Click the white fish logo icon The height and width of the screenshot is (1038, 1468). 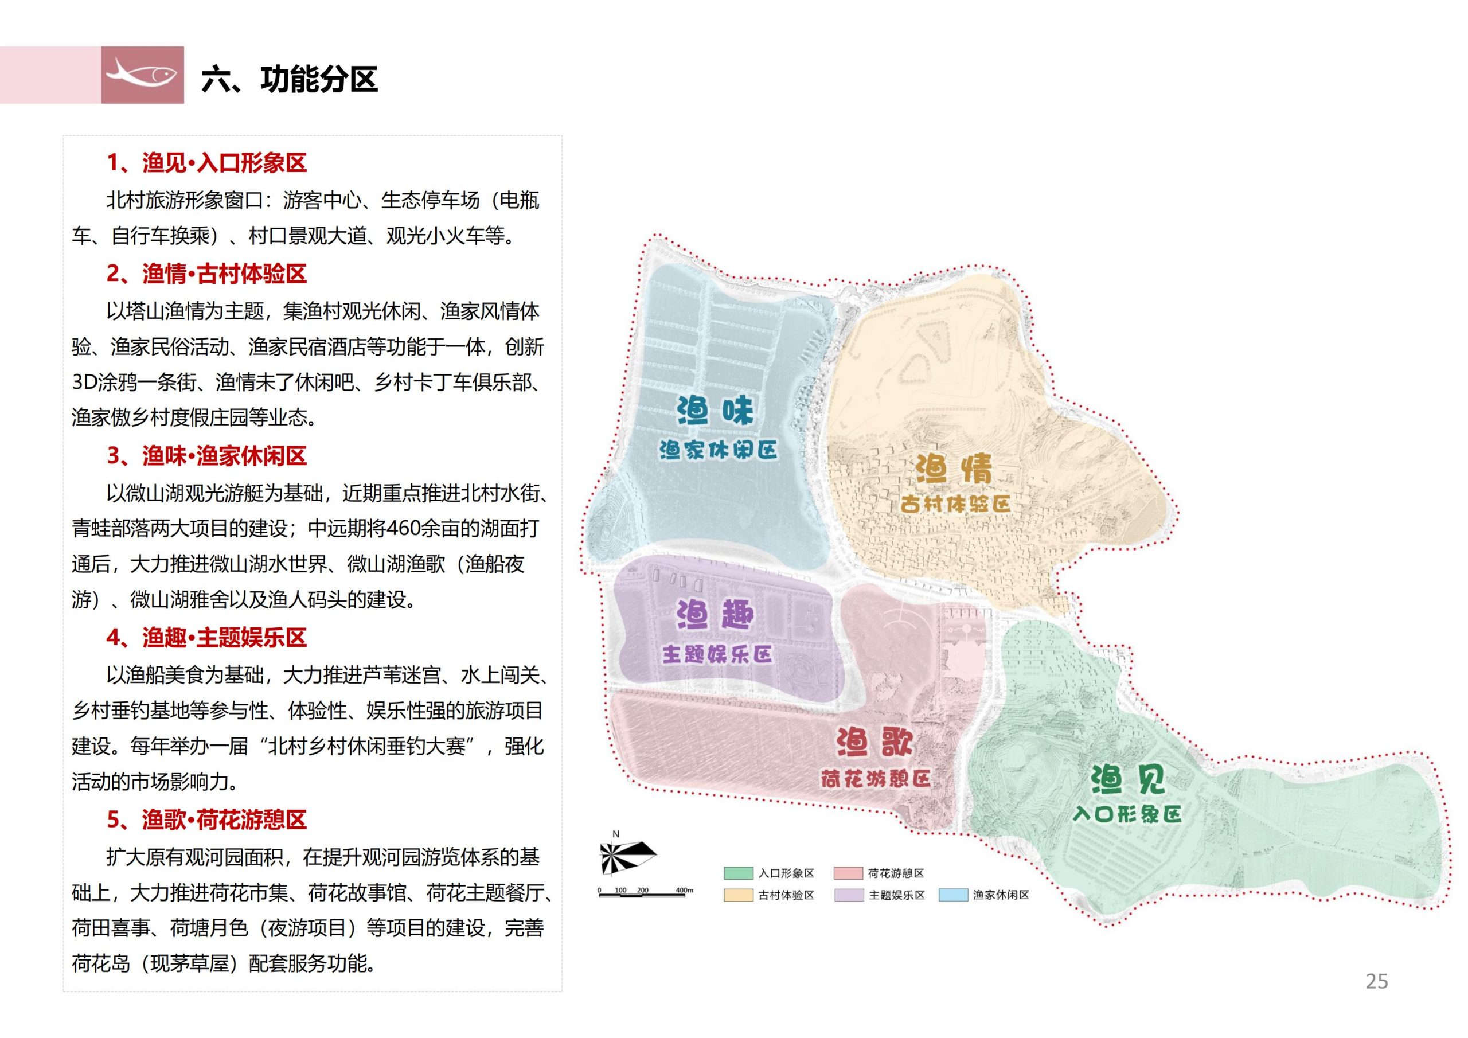tap(142, 74)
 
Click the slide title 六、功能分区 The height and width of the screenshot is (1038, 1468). tap(289, 80)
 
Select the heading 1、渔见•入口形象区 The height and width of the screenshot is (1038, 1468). tap(206, 163)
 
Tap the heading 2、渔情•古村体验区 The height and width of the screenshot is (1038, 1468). tap(206, 274)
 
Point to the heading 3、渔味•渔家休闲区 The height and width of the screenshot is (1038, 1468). tap(206, 456)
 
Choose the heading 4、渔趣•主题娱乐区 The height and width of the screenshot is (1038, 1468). tap(206, 638)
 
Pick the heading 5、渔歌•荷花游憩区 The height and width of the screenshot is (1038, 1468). tap(206, 820)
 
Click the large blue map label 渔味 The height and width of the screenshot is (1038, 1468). tap(716, 411)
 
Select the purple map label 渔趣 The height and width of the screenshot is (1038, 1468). tap(716, 615)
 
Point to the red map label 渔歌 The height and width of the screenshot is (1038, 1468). tap(874, 743)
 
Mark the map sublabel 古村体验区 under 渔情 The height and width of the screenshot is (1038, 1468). tap(955, 504)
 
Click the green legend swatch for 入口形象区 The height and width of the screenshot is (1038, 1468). tap(739, 873)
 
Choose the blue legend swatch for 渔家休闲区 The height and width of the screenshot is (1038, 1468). tap(952, 895)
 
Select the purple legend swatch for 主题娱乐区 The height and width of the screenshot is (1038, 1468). tap(849, 895)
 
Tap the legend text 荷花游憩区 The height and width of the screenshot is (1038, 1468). tap(896, 873)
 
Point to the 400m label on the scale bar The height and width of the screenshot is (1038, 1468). tap(684, 890)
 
